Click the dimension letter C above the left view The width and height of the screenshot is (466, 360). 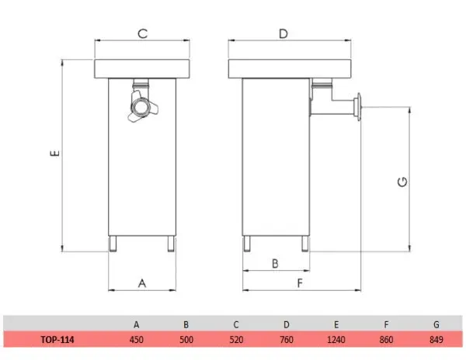[x=143, y=33]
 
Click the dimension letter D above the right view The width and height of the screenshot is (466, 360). [x=283, y=33]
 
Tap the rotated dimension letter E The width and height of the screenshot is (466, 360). [x=54, y=153]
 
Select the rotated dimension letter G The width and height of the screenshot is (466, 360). [x=402, y=182]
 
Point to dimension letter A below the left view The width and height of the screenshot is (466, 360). [x=142, y=283]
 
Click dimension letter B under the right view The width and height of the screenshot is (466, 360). [x=275, y=263]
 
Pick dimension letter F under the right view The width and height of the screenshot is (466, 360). [x=300, y=283]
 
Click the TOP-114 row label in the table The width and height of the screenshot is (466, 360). [x=57, y=339]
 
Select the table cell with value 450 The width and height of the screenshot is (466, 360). [x=137, y=339]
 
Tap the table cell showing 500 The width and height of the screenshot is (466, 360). [x=186, y=339]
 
